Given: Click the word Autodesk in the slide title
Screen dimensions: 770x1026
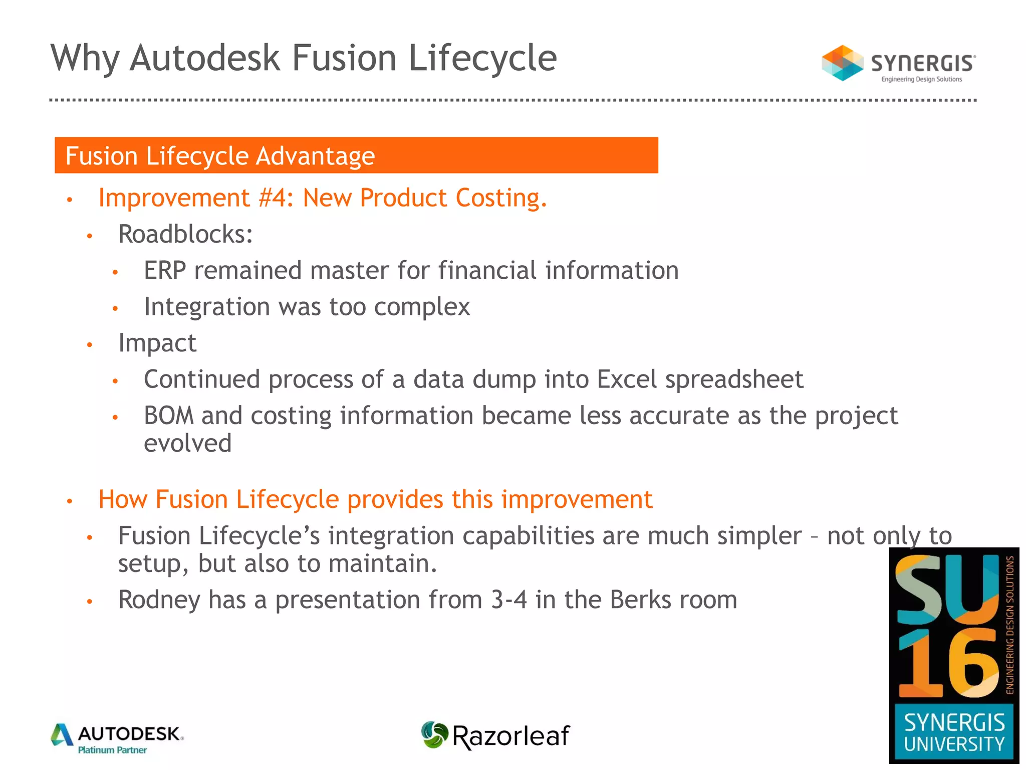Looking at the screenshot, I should pos(204,58).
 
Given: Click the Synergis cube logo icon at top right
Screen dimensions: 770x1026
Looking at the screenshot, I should pos(842,63).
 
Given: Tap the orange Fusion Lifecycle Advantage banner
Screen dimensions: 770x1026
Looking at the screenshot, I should pos(356,155).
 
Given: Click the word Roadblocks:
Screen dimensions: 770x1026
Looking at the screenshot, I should pos(185,234).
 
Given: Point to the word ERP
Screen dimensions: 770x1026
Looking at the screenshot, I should pos(165,271).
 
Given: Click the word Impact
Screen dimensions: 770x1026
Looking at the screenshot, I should pos(157,343).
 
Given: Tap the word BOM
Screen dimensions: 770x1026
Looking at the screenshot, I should pos(168,416).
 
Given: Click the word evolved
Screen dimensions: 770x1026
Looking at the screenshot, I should pos(187,444).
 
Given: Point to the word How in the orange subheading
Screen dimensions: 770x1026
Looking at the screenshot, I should pos(122,500).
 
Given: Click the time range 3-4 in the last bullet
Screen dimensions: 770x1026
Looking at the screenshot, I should pos(508,600).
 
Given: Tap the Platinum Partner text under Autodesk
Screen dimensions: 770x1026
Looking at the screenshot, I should pos(112,750).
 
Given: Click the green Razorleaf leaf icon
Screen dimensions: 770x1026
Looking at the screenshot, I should pos(434,735).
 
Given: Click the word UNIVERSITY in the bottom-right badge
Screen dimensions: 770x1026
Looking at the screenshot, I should pos(954,744).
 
